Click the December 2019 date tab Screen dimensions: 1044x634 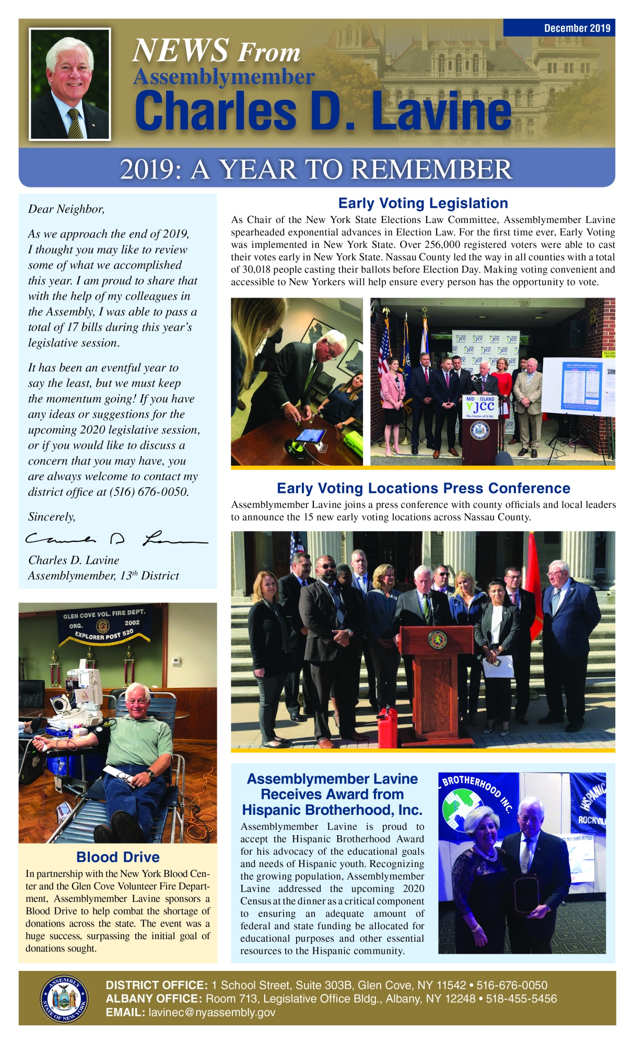point(577,28)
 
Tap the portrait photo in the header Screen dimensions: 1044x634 point(70,84)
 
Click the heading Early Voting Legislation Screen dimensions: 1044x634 point(423,204)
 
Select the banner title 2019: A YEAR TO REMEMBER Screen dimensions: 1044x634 point(316,169)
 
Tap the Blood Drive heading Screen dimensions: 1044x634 point(118,857)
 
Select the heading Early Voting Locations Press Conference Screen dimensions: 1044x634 point(423,488)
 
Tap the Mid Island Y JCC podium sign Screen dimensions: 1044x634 point(480,406)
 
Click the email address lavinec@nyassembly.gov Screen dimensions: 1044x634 point(212,1013)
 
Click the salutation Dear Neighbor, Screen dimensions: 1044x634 point(66,209)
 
